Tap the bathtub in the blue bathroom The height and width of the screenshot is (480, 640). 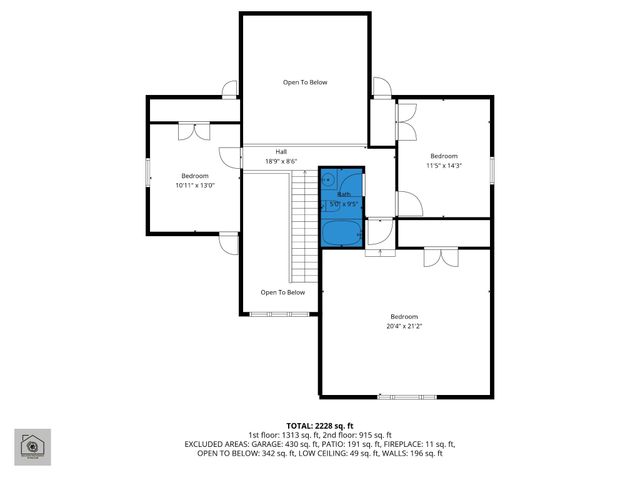pyautogui.click(x=341, y=233)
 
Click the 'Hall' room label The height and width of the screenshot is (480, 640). pyautogui.click(x=282, y=152)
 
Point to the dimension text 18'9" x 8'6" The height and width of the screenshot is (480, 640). pyautogui.click(x=282, y=161)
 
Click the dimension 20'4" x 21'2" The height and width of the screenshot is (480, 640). pyautogui.click(x=404, y=325)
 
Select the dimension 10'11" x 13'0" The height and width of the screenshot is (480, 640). pyautogui.click(x=194, y=185)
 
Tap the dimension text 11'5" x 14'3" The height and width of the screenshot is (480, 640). pyautogui.click(x=444, y=166)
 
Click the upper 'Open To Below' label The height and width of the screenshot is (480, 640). pyautogui.click(x=304, y=82)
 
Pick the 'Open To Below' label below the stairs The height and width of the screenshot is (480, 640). pyautogui.click(x=282, y=292)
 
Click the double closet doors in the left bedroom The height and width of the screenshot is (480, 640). pyautogui.click(x=194, y=130)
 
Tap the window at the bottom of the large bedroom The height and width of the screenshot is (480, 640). pyautogui.click(x=400, y=396)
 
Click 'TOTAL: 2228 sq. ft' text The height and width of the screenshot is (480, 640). pyautogui.click(x=319, y=426)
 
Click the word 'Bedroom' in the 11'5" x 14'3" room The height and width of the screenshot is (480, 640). pyautogui.click(x=444, y=156)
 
